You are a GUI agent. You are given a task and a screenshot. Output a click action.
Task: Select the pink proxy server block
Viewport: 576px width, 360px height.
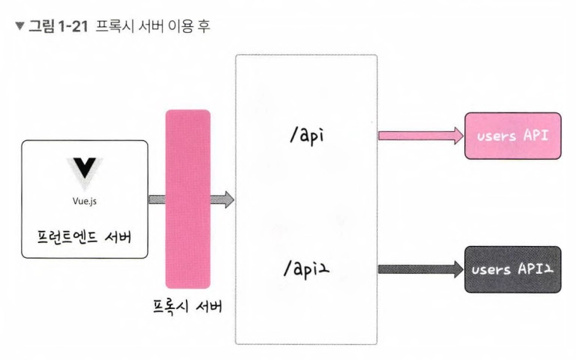[187, 199]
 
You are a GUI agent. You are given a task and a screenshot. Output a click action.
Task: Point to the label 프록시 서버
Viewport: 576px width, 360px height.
[187, 307]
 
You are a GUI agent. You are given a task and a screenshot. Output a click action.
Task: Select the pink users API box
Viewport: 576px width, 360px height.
[513, 136]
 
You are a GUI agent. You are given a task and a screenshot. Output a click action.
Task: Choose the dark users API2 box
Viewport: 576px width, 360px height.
[513, 268]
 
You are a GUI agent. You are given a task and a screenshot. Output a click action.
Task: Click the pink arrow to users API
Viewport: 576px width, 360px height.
[421, 136]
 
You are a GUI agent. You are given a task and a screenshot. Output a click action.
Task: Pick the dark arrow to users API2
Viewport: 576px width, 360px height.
[421, 268]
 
